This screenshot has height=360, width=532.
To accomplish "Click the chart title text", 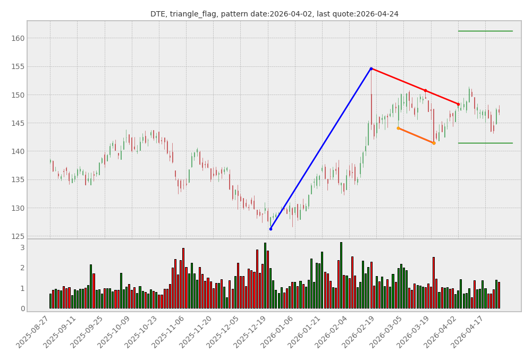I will pyautogui.click(x=274, y=14).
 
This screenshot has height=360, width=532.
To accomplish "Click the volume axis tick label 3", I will pyautogui.click(x=22, y=247).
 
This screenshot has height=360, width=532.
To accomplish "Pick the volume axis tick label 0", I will pyautogui.click(x=22, y=308).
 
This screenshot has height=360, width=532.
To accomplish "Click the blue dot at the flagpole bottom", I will pyautogui.click(x=271, y=229).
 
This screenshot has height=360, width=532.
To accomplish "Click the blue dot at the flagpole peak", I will pyautogui.click(x=371, y=68).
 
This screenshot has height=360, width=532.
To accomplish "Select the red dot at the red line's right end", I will pyautogui.click(x=458, y=104).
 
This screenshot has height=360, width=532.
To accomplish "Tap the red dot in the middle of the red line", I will pyautogui.click(x=425, y=91).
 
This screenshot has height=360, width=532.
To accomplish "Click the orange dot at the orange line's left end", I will pyautogui.click(x=398, y=128).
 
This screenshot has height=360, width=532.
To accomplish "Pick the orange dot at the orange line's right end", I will pyautogui.click(x=434, y=143).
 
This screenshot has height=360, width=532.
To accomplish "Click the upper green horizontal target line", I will pyautogui.click(x=485, y=31).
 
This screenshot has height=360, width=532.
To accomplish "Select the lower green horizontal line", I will pyautogui.click(x=485, y=143).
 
